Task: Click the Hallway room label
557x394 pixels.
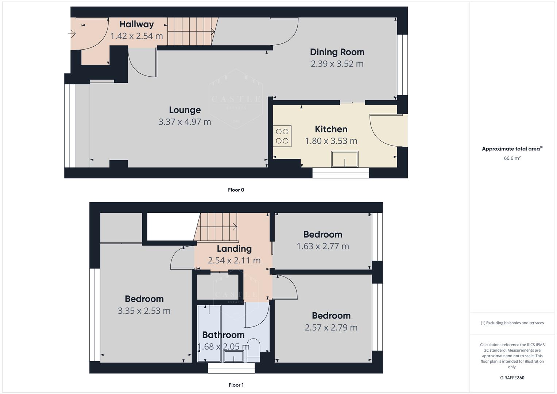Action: tap(136, 24)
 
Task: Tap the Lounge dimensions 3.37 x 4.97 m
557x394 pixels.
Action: tap(185, 122)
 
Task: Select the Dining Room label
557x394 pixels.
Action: tap(337, 52)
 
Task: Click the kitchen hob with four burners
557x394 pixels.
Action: tap(282, 136)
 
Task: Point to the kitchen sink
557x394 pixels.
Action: tap(344, 159)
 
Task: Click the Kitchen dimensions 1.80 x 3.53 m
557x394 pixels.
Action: tap(331, 141)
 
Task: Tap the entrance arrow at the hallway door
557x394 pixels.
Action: tap(72, 34)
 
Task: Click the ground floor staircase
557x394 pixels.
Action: tap(190, 31)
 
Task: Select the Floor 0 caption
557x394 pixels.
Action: tap(236, 190)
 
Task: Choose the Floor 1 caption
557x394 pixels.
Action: tap(236, 385)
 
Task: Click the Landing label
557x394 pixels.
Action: tap(234, 249)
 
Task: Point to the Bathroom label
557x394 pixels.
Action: tap(223, 335)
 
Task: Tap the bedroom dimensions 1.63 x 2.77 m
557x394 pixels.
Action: tap(322, 246)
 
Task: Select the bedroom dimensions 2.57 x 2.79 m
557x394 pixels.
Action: tap(331, 328)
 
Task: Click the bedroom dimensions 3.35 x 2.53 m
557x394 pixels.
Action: tap(144, 311)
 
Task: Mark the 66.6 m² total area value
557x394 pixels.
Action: tap(512, 158)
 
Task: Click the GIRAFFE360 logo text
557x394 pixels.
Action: tap(512, 378)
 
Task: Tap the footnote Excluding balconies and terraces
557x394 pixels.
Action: tap(512, 323)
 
